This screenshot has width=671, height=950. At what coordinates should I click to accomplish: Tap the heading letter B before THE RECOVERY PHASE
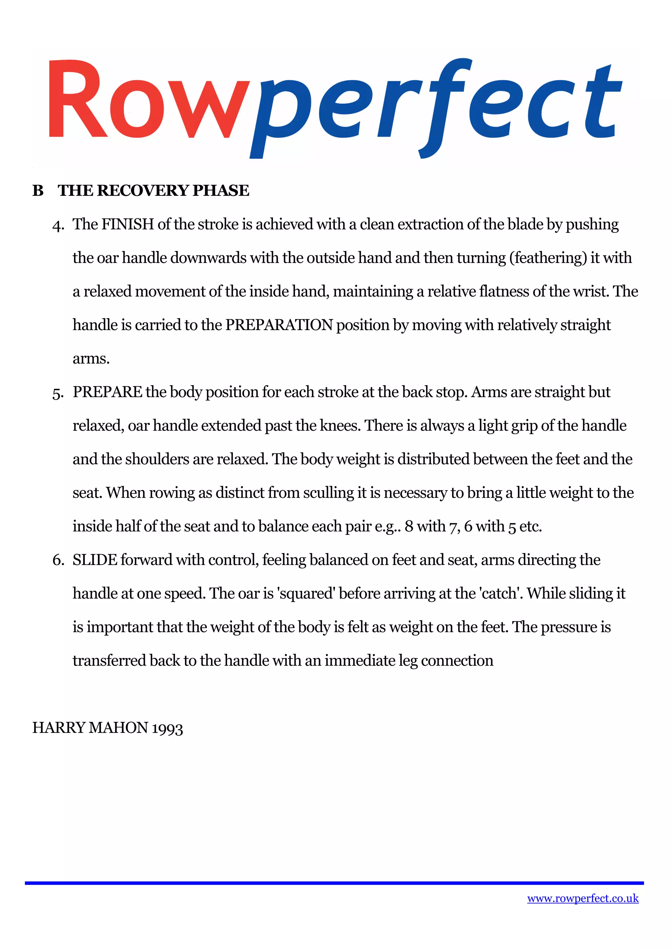click(38, 191)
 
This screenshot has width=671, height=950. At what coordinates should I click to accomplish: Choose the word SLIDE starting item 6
click(95, 560)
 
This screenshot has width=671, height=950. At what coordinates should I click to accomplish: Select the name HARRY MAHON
click(90, 728)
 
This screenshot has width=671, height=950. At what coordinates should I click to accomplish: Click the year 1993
click(167, 729)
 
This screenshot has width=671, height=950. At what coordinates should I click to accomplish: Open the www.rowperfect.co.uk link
click(583, 898)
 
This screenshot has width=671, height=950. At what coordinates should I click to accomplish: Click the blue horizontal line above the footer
click(334, 883)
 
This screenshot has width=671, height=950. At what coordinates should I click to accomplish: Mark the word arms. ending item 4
click(91, 359)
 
